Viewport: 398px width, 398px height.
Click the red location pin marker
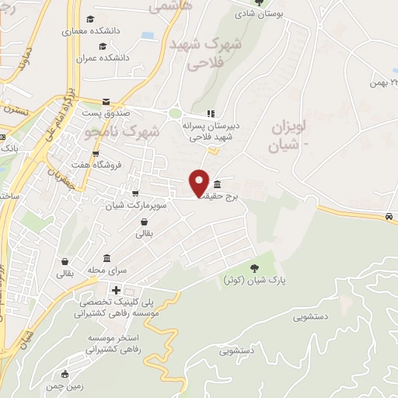coord(199,182)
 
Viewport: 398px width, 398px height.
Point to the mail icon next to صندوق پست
coord(106,101)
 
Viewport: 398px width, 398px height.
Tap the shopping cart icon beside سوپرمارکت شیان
coord(136,194)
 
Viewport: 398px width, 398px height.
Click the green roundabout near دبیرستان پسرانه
coord(176,113)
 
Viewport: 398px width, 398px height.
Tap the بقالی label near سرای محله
coord(65,274)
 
